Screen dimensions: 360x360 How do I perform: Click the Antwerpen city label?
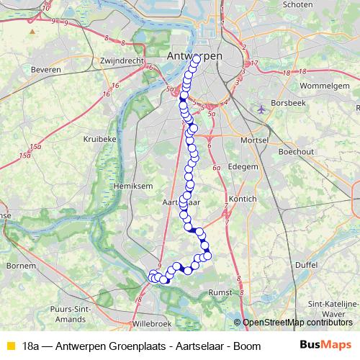tap(194, 56)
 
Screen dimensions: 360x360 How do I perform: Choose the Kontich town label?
tap(242, 198)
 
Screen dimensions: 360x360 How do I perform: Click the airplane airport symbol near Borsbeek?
tap(261, 109)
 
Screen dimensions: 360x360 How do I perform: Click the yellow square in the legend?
tap(9, 345)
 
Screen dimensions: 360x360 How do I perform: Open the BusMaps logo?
tap(325, 344)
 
